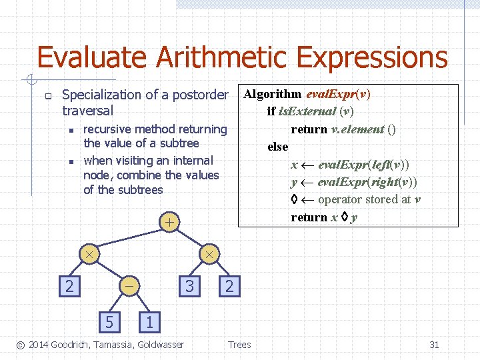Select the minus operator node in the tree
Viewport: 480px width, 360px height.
[129, 286]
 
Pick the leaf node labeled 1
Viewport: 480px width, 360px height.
[149, 322]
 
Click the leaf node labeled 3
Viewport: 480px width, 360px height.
[190, 286]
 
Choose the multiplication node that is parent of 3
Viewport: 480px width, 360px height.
[209, 255]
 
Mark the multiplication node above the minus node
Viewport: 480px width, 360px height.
[88, 255]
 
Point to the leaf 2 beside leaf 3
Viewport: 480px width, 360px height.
[229, 286]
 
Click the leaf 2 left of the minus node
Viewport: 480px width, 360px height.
[67, 286]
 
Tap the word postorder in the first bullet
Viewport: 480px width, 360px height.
[200, 95]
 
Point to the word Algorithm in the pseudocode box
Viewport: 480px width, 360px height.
[272, 94]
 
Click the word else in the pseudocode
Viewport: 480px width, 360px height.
[277, 147]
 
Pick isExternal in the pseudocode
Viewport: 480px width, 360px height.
[307, 111]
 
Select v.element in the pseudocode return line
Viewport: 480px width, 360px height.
[357, 129]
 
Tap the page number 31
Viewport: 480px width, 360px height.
[434, 345]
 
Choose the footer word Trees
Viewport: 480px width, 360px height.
[239, 345]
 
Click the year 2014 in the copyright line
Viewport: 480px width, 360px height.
[39, 345]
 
